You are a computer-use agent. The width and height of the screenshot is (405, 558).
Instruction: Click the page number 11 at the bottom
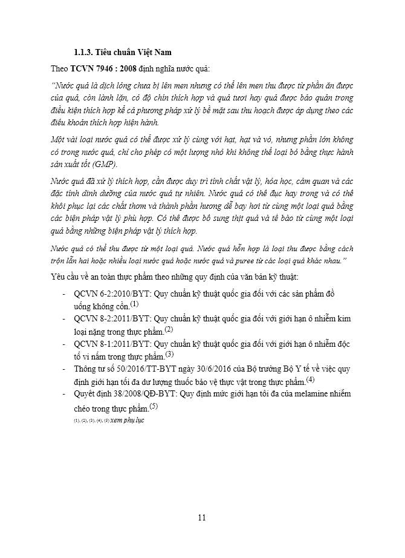click(202, 517)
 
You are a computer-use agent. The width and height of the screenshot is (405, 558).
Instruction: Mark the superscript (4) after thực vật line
click(311, 379)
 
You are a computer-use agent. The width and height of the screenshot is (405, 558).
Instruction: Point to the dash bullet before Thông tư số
click(65, 368)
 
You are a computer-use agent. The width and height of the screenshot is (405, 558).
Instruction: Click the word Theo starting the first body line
click(59, 68)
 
